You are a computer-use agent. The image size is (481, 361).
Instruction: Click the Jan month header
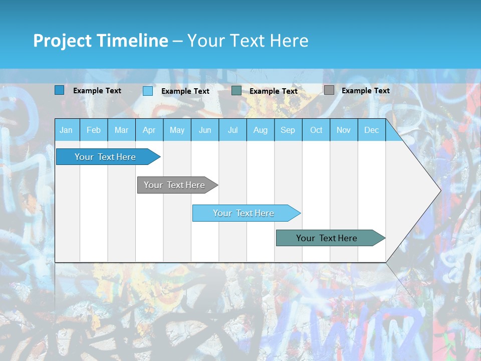pos(66,130)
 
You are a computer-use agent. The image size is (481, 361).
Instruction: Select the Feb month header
pos(94,130)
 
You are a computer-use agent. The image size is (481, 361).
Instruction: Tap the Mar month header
pos(121,130)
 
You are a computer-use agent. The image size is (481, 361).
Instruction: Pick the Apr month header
pos(149,130)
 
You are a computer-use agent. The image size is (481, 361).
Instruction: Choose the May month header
pos(177,130)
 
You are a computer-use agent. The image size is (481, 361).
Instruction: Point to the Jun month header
pos(205,130)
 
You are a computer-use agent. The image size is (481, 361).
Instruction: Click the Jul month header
pos(232,130)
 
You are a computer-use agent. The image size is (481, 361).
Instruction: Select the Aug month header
pos(260,130)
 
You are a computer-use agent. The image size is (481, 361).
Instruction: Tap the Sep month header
pos(288,130)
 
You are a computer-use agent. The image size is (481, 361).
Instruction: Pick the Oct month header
pos(316,130)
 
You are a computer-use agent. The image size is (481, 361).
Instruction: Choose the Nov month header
pos(344,130)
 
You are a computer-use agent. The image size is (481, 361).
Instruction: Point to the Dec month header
pos(371,130)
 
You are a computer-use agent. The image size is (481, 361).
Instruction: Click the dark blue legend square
pos(60,90)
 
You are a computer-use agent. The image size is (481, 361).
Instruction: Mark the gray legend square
pos(329,90)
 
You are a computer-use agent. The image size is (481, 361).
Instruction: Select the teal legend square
pos(236,91)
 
